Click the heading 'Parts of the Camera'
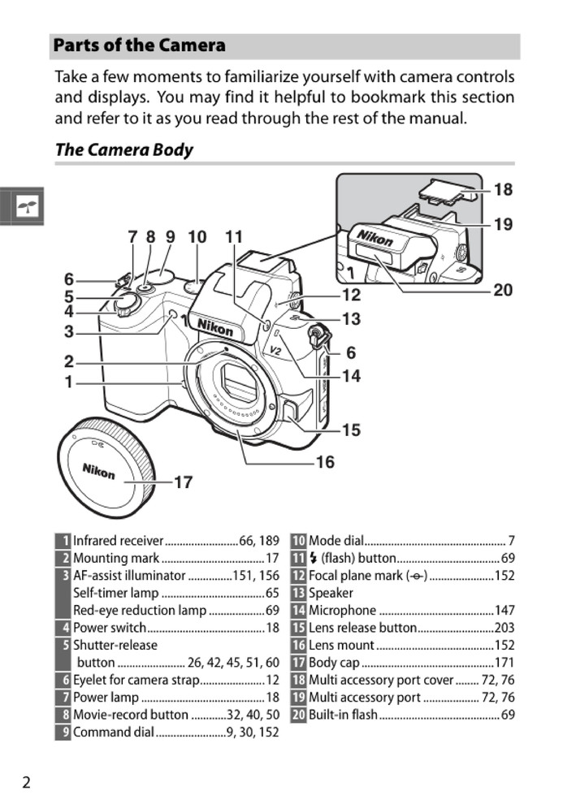[x=140, y=45]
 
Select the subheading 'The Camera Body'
[x=123, y=149]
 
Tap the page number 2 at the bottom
[x=27, y=782]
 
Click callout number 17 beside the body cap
[x=183, y=482]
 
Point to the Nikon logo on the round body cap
[x=98, y=470]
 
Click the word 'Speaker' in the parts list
[x=331, y=593]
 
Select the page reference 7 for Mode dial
[x=511, y=541]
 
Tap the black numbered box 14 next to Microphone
[x=298, y=611]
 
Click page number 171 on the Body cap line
[x=505, y=663]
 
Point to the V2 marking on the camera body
[x=275, y=351]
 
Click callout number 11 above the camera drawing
[x=234, y=237]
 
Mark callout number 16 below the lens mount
[x=324, y=462]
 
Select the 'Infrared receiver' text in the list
[x=119, y=541]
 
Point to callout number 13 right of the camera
[x=350, y=319]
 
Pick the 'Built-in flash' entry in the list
[x=343, y=715]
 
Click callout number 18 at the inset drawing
[x=503, y=189]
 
